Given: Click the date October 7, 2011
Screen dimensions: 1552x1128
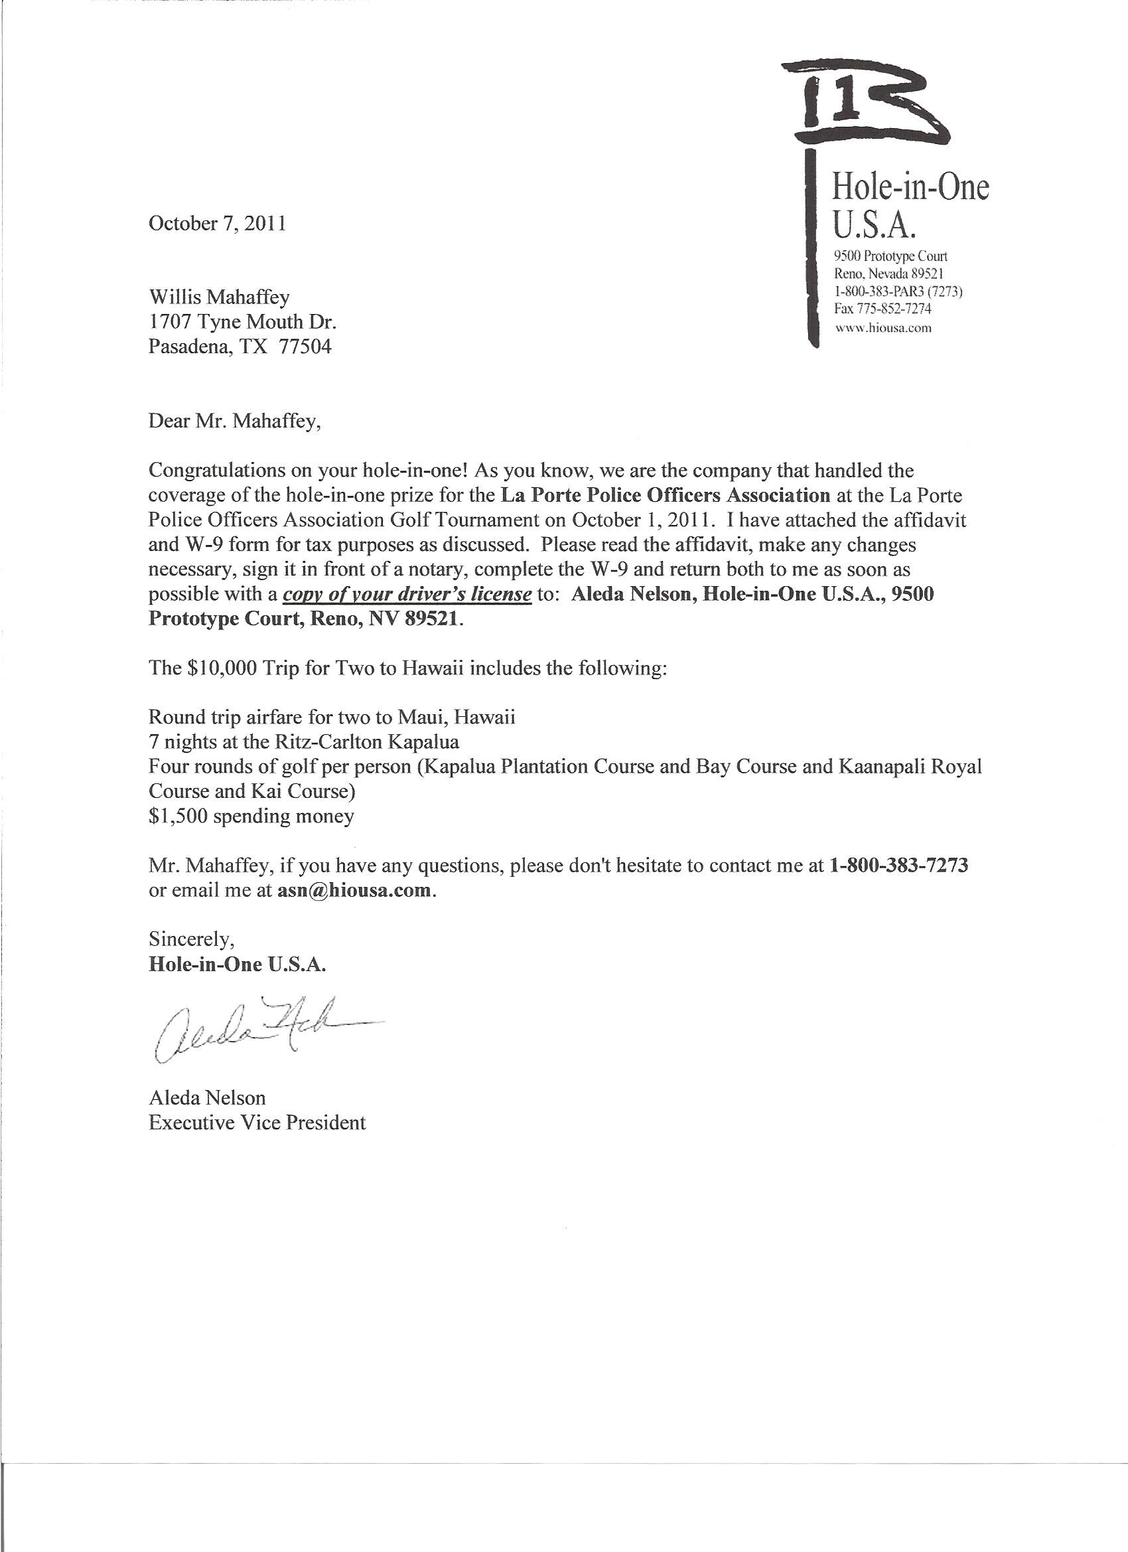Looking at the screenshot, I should point(217,224).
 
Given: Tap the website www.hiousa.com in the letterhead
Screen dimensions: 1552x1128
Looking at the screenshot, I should point(883,328).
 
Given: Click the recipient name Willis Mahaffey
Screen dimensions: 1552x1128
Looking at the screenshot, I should point(219,297).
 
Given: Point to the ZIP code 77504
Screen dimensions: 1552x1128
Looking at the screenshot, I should point(305,347).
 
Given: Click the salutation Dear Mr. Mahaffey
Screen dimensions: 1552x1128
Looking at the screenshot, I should point(234,421).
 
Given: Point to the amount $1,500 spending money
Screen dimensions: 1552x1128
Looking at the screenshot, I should point(250,816).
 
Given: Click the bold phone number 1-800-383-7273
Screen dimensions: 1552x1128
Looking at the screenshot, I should point(898,866).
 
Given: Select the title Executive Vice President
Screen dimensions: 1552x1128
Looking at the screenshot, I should point(257,1123).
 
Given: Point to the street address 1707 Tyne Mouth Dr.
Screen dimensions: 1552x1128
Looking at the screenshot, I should point(242,323).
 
